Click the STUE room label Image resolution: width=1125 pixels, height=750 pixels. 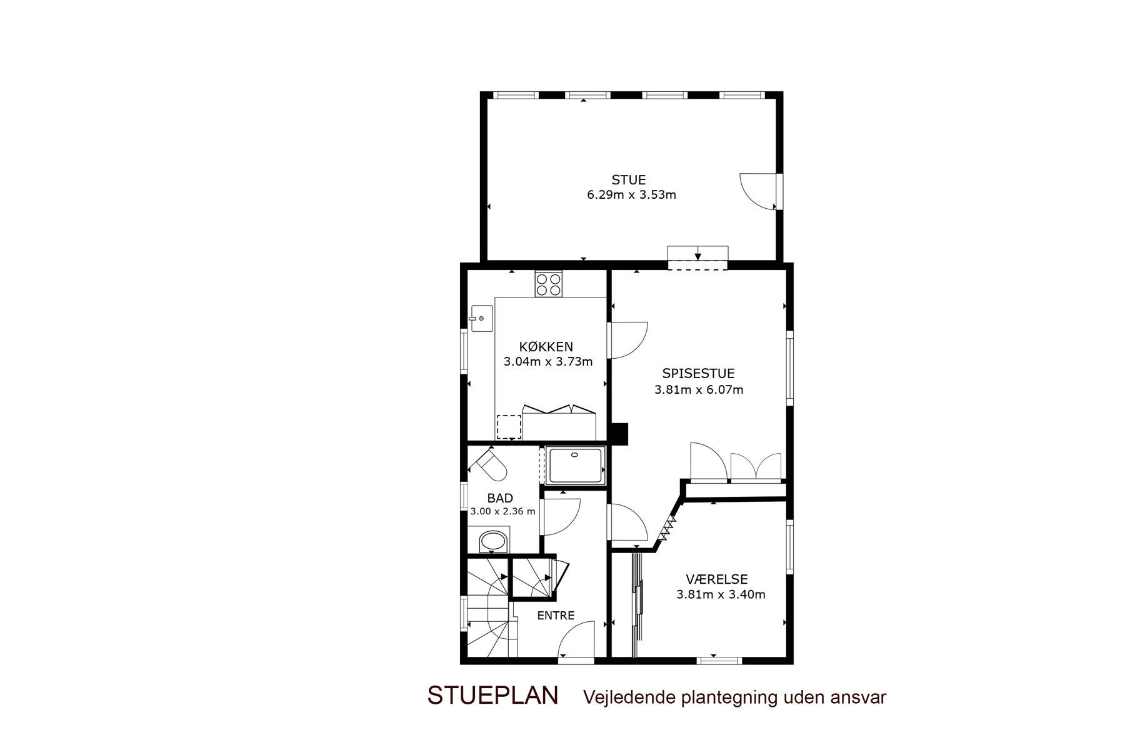628,180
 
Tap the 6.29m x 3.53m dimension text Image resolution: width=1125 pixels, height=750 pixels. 631,194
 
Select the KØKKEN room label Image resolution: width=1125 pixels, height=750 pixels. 546,347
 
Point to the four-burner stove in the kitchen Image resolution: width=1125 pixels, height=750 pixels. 548,284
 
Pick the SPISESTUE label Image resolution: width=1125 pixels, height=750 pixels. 698,374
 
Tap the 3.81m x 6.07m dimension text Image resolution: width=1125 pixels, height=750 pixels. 699,390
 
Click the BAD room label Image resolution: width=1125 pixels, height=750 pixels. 500,498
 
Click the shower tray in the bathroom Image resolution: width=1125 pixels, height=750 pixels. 575,466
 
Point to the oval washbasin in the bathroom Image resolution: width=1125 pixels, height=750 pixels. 494,541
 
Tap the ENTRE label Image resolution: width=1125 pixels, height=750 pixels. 556,616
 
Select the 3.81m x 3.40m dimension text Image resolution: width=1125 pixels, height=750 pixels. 721,595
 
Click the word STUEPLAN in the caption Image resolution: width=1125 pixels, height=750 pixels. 492,696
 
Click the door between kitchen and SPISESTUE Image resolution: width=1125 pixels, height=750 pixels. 628,341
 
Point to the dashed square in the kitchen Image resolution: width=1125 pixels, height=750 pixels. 509,427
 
